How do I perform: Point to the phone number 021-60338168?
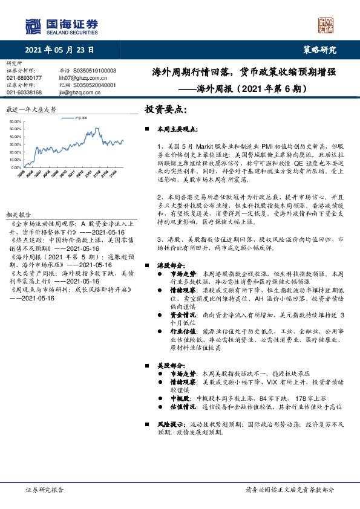(25, 92)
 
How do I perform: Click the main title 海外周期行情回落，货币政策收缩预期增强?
(244, 72)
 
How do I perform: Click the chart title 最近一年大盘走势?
(31, 109)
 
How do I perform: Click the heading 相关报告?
(18, 215)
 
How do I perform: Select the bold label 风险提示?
(172, 424)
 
